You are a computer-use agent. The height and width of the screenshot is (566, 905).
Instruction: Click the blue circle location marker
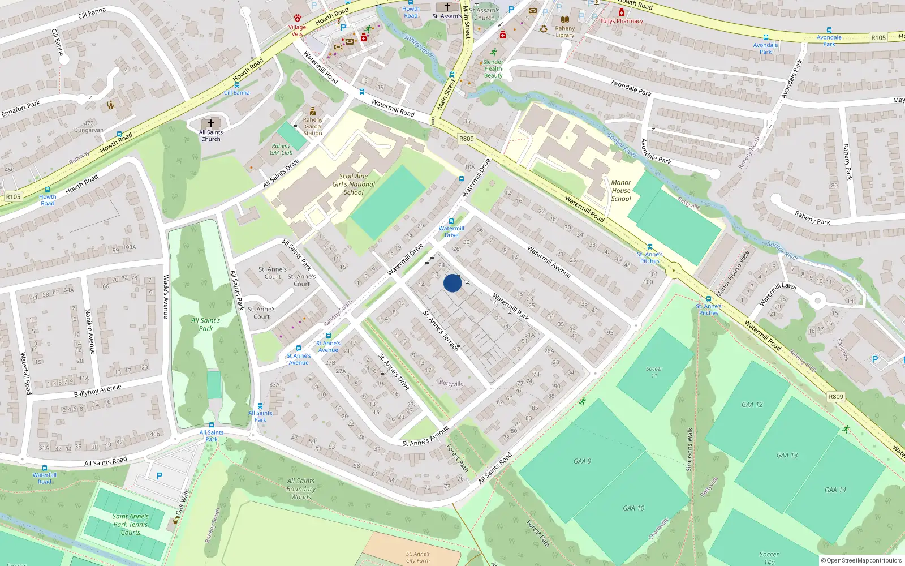click(453, 283)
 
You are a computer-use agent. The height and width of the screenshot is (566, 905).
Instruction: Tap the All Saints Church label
click(211, 135)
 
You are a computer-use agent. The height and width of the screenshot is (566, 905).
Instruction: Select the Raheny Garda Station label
click(313, 126)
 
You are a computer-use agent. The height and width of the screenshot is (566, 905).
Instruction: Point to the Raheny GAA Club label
click(281, 149)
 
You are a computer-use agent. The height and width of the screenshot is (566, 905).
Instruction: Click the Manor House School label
click(621, 191)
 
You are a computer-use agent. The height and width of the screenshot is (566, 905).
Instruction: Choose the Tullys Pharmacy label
click(622, 21)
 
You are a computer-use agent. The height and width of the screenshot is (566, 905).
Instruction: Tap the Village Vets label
click(297, 31)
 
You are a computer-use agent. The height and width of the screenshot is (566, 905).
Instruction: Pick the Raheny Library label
click(564, 32)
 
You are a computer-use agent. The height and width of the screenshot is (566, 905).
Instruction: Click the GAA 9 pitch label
click(582, 461)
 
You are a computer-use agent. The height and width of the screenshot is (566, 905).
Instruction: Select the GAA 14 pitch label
click(835, 490)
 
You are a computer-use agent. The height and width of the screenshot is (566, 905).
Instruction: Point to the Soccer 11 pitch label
click(654, 372)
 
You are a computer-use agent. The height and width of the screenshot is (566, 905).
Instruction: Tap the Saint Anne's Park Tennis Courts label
click(131, 524)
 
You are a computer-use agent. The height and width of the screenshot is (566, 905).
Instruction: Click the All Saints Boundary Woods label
click(301, 489)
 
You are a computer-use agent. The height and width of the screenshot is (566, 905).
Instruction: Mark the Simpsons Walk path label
click(689, 449)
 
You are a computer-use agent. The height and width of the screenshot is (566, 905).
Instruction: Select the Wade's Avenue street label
click(166, 297)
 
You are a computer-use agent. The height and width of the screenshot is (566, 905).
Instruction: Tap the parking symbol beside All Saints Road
click(160, 476)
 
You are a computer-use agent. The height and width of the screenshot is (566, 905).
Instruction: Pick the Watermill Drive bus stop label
click(451, 231)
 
